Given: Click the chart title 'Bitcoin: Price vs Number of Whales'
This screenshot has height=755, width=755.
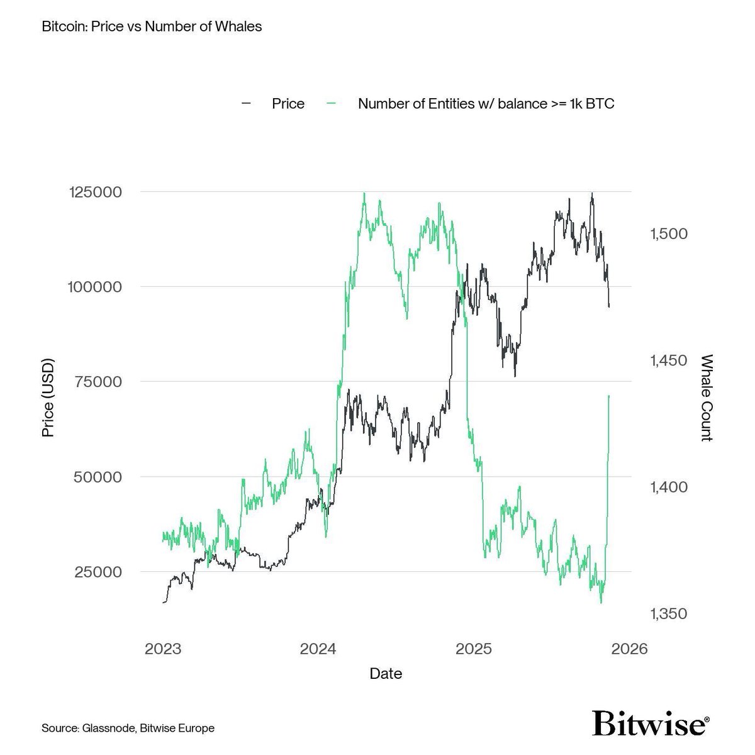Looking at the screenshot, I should pyautogui.click(x=152, y=27).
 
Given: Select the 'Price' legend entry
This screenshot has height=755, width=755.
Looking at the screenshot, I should pyautogui.click(x=288, y=104).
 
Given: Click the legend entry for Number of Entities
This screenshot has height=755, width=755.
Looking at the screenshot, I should pyautogui.click(x=486, y=104).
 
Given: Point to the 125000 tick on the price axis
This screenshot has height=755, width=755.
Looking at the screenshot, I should pyautogui.click(x=94, y=192).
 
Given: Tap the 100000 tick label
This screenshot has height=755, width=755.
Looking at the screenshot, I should pyautogui.click(x=94, y=287).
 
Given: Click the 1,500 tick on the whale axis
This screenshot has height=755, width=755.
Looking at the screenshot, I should pyautogui.click(x=668, y=233).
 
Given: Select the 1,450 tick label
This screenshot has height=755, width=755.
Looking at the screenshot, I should pyautogui.click(x=668, y=361).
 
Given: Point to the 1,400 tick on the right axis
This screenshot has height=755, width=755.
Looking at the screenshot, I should pyautogui.click(x=668, y=487).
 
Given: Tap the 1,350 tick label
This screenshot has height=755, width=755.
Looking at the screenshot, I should pyautogui.click(x=668, y=613).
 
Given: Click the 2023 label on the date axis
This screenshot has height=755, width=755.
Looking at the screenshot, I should pyautogui.click(x=163, y=649).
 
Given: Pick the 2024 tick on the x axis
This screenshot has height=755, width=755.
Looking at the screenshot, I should pyautogui.click(x=318, y=649).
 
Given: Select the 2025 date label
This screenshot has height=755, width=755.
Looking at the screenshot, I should pyautogui.click(x=474, y=649).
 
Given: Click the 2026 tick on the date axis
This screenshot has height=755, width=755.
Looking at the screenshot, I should pyautogui.click(x=629, y=649).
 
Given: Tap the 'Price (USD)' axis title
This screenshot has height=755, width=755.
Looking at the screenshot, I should pyautogui.click(x=48, y=398).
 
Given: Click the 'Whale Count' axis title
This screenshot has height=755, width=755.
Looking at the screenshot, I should pyautogui.click(x=707, y=398).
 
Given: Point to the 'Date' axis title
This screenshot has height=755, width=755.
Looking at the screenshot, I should pyautogui.click(x=386, y=674).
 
